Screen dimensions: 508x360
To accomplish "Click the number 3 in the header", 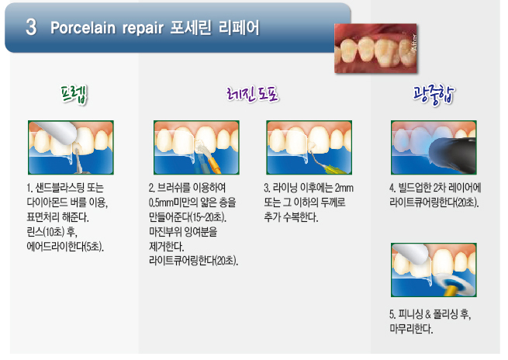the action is pos(31,27).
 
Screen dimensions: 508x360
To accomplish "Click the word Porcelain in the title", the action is pos(83,28).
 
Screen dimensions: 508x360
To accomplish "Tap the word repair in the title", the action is pos(143,29).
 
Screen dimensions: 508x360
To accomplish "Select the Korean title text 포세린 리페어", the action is pos(215,27).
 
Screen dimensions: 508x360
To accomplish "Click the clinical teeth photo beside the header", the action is pos(375,48).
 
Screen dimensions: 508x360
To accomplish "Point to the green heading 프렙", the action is pos(74,95).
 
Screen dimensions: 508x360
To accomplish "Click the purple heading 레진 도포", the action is pos(252,95).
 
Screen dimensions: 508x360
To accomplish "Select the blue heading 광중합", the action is pos(434,95).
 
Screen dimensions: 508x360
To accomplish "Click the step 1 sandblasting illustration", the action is pos(71,147).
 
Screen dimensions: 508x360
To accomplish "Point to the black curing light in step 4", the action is pos(454,155).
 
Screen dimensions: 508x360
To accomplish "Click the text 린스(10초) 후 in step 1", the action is pos(52,232).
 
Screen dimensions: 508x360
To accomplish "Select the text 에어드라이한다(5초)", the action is pos(65,247).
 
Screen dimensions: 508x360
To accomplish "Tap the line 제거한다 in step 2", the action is pos(166,247).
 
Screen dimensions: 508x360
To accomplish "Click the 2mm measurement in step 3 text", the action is pos(344,188).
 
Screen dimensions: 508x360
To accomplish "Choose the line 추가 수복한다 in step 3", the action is pos(291,217).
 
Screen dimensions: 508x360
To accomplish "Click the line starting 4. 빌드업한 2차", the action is pos(435,188).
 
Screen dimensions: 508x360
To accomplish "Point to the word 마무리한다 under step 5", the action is pos(411,328).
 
